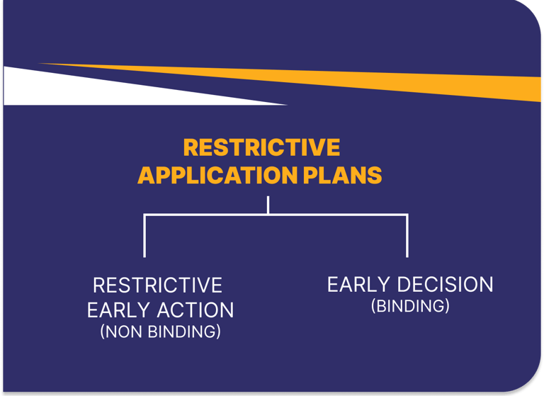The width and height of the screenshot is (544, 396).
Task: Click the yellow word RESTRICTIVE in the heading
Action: pyautogui.click(x=261, y=147)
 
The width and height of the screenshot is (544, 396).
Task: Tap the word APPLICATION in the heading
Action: pyautogui.click(x=217, y=175)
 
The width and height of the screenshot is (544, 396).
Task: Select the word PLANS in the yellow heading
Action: pyautogui.click(x=342, y=175)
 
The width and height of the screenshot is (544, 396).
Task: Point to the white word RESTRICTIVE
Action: pyautogui.click(x=157, y=285)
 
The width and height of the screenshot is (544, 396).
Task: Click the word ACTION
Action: pyautogui.click(x=195, y=310)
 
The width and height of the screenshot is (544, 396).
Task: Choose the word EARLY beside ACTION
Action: pyautogui.click(x=119, y=310)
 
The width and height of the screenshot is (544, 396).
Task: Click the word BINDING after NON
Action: pyautogui.click(x=181, y=332)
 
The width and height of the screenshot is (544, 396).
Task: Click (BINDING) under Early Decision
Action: pyautogui.click(x=410, y=306)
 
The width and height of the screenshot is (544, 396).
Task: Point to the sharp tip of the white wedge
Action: pyautogui.click(x=287, y=104)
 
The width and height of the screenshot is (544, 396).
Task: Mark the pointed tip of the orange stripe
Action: pyautogui.click(x=39, y=64)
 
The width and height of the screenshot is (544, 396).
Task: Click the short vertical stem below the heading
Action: pyautogui.click(x=268, y=205)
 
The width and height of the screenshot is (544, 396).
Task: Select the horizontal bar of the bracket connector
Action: pyautogui.click(x=276, y=215)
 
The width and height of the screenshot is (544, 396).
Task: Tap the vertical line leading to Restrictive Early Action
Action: pyautogui.click(x=144, y=237)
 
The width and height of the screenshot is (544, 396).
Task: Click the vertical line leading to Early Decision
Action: pyautogui.click(x=407, y=237)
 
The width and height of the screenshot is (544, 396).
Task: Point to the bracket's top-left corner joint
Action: pyautogui.click(x=144, y=215)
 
